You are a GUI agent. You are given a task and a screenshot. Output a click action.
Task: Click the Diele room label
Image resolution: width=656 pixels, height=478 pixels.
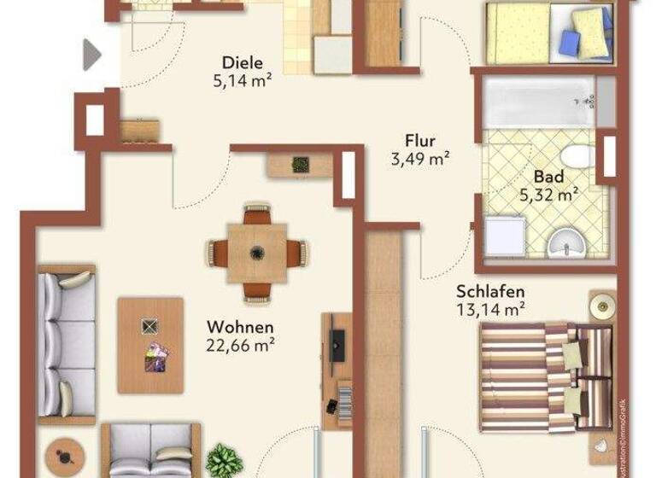coord(241,62)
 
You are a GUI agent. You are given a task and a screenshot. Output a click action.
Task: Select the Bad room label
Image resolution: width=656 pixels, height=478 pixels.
coord(548,177)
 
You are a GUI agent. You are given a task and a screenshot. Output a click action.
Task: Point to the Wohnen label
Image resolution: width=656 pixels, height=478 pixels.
coord(240,327)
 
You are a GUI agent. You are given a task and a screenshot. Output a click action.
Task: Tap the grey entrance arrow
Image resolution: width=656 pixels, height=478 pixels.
coord(91,55)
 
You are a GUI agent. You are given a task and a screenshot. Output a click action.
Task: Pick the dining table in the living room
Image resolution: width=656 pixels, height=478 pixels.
coord(256,253)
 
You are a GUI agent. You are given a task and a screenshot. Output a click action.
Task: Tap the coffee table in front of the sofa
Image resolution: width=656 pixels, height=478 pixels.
coord(150,345)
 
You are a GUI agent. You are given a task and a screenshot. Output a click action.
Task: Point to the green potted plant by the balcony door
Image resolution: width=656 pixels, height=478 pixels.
coord(224,460)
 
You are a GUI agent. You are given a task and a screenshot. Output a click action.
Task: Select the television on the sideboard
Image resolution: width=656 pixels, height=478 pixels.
coord(338,345)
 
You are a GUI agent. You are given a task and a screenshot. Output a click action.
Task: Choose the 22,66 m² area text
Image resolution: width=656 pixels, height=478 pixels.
coord(240,345)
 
